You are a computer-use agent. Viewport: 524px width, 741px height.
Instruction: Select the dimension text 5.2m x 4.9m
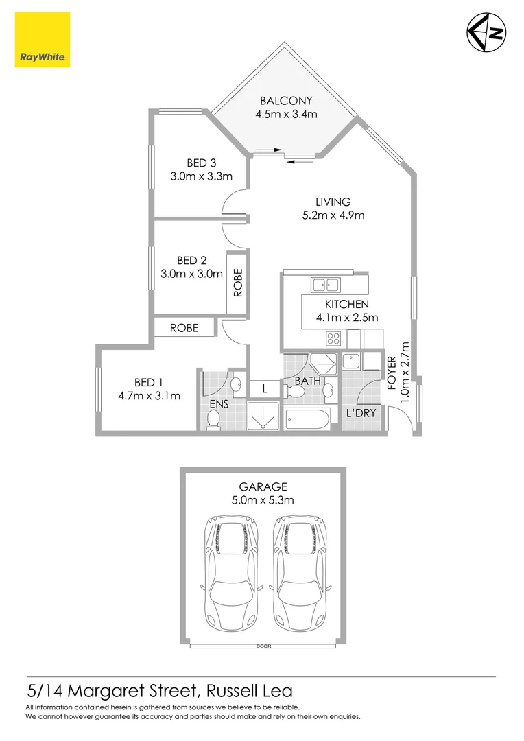tap(333, 215)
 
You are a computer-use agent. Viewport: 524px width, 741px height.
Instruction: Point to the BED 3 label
tap(201, 163)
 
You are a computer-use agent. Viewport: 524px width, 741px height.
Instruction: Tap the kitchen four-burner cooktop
tap(333, 338)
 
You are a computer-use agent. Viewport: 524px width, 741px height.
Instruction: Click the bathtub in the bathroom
tap(307, 418)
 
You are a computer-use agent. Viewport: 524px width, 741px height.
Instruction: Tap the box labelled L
tap(264, 389)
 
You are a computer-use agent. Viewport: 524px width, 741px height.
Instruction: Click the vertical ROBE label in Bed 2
tap(238, 282)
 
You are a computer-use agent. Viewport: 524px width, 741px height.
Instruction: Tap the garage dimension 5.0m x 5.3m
tap(263, 500)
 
